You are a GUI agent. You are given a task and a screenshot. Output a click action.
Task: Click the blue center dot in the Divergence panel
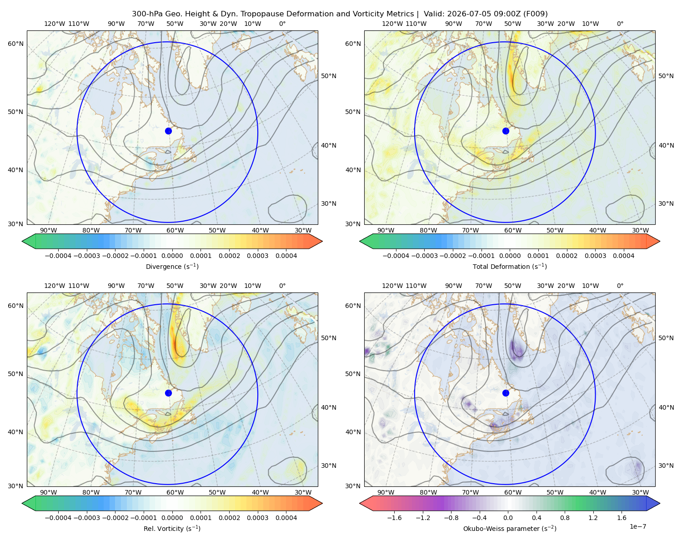[168, 131]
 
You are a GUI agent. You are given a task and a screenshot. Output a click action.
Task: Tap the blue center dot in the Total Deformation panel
[506, 131]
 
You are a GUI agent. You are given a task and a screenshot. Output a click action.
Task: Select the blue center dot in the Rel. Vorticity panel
[168, 393]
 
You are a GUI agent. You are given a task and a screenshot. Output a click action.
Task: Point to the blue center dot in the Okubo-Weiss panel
[506, 393]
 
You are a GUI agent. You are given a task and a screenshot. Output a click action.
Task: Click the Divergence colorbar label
[172, 266]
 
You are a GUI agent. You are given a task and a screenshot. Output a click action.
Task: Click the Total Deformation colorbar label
[510, 266]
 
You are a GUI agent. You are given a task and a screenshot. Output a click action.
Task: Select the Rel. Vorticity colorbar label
[172, 528]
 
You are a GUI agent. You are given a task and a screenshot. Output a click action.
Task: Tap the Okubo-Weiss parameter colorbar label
[510, 528]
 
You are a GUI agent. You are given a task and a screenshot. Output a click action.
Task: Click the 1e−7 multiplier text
[637, 526]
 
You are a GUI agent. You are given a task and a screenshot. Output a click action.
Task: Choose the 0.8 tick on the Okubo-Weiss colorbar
[565, 517]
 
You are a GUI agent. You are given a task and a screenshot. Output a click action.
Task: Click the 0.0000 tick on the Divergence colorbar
[172, 256]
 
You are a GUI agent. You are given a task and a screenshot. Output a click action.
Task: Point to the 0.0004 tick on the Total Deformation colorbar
[623, 256]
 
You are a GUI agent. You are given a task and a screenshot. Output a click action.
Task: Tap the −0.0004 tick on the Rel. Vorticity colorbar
[58, 517]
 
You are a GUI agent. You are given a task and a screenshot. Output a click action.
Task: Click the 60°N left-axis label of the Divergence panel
[15, 44]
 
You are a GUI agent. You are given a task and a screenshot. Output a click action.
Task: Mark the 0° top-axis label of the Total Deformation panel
[620, 24]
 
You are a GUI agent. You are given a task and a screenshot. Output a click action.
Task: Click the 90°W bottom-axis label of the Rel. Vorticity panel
[49, 492]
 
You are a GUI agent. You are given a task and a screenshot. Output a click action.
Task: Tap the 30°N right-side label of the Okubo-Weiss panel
[666, 466]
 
